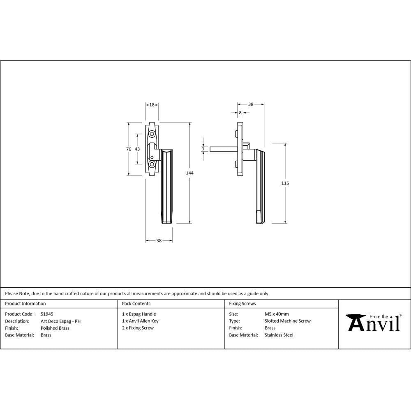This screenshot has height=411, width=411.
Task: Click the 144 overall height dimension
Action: click(189, 173)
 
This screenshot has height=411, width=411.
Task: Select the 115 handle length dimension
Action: click(285, 183)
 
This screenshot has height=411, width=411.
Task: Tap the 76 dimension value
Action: click(129, 149)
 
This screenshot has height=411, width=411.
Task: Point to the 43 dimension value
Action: click(137, 149)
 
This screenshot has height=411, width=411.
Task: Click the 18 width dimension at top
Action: click(152, 105)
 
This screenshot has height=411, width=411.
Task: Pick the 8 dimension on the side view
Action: click(240, 113)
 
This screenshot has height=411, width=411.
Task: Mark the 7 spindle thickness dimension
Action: click(203, 149)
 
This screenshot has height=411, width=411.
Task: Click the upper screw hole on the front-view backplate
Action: click(152, 134)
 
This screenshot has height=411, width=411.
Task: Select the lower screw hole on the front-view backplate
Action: click(152, 164)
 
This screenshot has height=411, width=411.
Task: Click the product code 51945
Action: click(47, 314)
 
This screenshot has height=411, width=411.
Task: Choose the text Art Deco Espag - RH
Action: click(60, 321)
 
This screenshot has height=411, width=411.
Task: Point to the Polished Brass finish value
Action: click(55, 328)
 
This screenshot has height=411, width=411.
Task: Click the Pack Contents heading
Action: click(136, 304)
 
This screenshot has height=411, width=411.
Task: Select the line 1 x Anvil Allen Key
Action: click(140, 321)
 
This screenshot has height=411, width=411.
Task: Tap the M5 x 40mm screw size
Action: click(277, 314)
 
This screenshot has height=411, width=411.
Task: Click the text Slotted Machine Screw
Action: click(288, 321)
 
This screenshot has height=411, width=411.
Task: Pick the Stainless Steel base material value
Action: click(279, 335)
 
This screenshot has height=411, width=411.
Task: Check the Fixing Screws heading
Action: click(242, 304)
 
